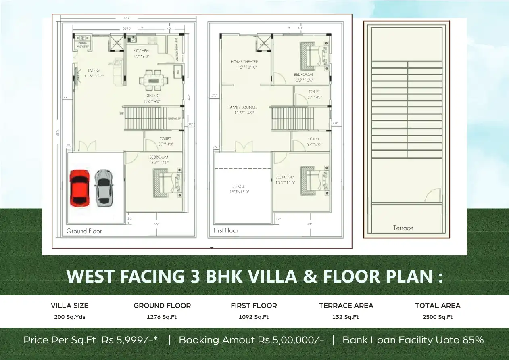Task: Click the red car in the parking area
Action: tap(79, 188)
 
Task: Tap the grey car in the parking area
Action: tap(104, 188)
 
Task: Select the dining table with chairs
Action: tap(153, 80)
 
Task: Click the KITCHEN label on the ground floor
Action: tap(142, 51)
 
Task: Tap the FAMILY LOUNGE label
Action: tap(242, 107)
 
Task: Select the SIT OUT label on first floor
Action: tap(239, 186)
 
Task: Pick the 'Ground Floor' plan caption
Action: tap(84, 231)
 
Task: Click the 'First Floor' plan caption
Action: tap(226, 230)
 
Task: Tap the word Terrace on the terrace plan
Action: tap(403, 228)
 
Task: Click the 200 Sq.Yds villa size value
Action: tap(70, 317)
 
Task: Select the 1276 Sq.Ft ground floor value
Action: tap(162, 317)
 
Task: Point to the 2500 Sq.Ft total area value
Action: tap(438, 317)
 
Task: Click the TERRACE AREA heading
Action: tap(346, 306)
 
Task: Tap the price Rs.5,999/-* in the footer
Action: tap(129, 340)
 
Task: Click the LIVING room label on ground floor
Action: tap(94, 71)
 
